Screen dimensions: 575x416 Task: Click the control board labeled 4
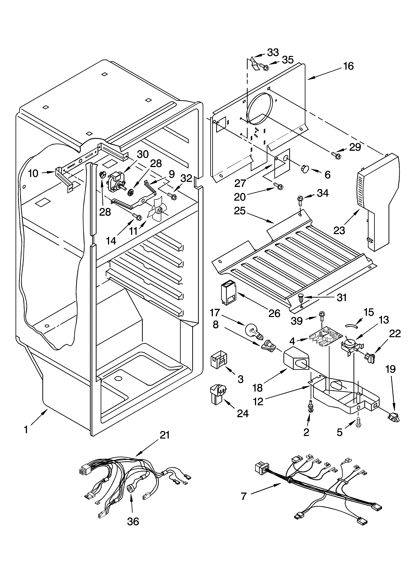click(x=326, y=338)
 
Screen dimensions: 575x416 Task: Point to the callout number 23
click(x=339, y=230)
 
